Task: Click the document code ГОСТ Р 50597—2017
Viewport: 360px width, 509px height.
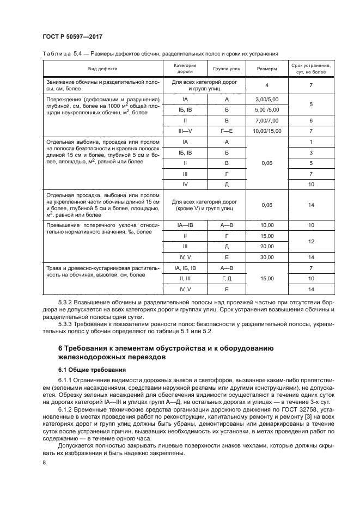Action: (72, 36)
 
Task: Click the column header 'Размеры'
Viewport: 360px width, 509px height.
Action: (266, 69)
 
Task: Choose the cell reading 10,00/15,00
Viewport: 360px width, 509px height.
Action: (266, 131)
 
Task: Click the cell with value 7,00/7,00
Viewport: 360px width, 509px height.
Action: (266, 121)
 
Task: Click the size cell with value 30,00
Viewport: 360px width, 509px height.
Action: (266, 256)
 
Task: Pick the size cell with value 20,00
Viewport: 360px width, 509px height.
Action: (266, 246)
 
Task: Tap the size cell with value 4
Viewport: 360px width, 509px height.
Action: (266, 85)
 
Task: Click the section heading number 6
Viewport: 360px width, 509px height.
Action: (60, 348)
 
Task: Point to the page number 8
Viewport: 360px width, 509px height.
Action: (44, 463)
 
